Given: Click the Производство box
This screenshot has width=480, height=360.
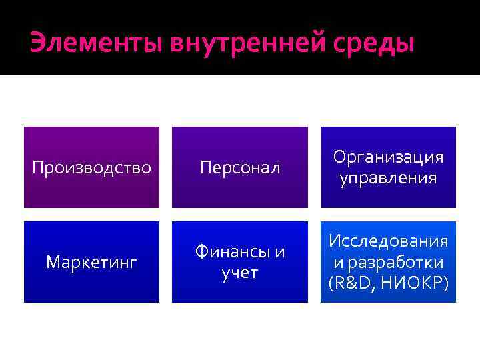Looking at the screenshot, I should [x=92, y=167].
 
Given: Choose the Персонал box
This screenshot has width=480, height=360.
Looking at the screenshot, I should [x=240, y=167].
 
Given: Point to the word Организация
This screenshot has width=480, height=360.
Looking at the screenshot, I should [x=388, y=157].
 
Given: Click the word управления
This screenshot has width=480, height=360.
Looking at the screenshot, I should [x=388, y=178].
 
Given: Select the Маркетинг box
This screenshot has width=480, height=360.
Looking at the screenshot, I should [x=92, y=262].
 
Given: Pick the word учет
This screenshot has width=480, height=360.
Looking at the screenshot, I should [x=240, y=273].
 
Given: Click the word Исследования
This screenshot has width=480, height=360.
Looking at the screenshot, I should [x=388, y=241].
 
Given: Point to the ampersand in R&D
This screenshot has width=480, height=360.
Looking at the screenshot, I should [x=349, y=283].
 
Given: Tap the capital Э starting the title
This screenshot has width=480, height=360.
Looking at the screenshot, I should [x=37, y=44].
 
